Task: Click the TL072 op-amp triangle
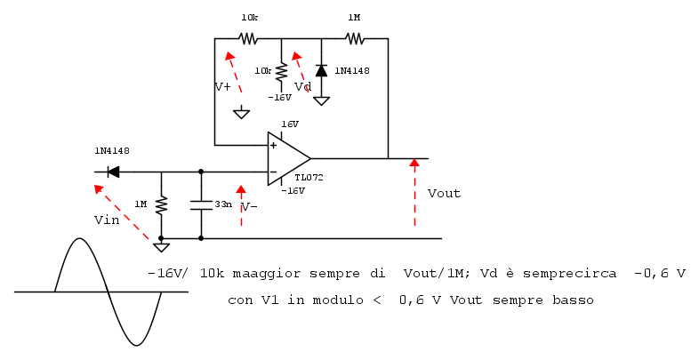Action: point(287,158)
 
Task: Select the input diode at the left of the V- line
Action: point(113,172)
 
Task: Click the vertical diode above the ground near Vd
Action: point(321,70)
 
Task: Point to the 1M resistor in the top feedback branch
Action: point(355,38)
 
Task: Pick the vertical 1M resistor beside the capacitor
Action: point(161,205)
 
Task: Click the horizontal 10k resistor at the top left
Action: point(248,38)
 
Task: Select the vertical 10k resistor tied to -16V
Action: point(281,71)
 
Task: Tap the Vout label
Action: point(444,193)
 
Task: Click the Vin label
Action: point(106,220)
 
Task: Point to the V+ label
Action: point(223,87)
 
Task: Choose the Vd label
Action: point(302,87)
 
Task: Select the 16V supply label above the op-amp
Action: point(290,124)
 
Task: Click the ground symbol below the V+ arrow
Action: point(241,113)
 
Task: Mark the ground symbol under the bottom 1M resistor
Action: point(161,247)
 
